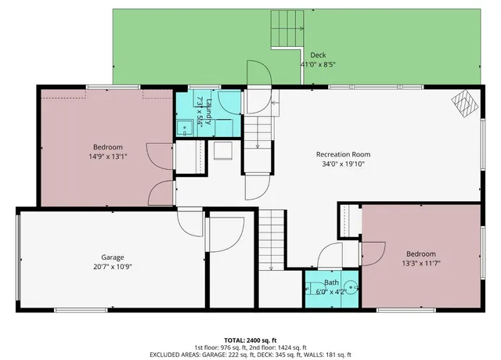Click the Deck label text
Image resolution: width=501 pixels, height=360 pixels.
[x=318, y=55]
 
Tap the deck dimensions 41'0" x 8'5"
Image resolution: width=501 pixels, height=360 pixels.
[x=318, y=65]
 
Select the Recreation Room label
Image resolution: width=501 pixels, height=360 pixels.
[x=343, y=154]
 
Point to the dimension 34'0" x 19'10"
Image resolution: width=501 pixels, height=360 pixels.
[x=343, y=164]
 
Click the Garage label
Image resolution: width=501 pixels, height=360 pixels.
[x=113, y=257]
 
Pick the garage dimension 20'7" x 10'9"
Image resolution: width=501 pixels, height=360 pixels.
[x=113, y=268]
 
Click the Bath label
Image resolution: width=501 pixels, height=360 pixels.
[x=331, y=283]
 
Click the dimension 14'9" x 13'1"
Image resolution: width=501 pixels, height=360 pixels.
[x=108, y=157]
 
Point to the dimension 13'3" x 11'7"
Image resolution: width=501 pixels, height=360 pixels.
[x=421, y=263]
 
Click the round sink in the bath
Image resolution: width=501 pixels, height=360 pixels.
[x=351, y=287]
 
